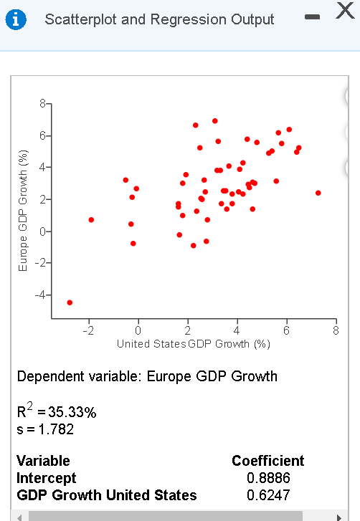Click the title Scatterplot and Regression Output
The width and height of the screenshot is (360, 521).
(159, 19)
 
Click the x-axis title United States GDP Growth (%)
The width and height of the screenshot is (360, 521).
(194, 344)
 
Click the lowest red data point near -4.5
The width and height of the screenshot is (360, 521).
(70, 302)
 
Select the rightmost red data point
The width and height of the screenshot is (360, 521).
(318, 193)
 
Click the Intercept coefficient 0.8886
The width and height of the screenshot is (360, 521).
(267, 477)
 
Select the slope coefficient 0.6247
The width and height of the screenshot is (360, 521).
(267, 494)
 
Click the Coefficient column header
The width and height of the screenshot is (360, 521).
(267, 461)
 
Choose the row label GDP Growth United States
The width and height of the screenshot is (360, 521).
(106, 494)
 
